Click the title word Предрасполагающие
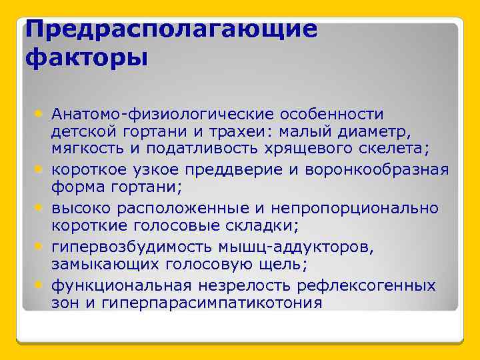(x=171, y=31)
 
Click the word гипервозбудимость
(x=135, y=247)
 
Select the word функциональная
(x=121, y=285)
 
